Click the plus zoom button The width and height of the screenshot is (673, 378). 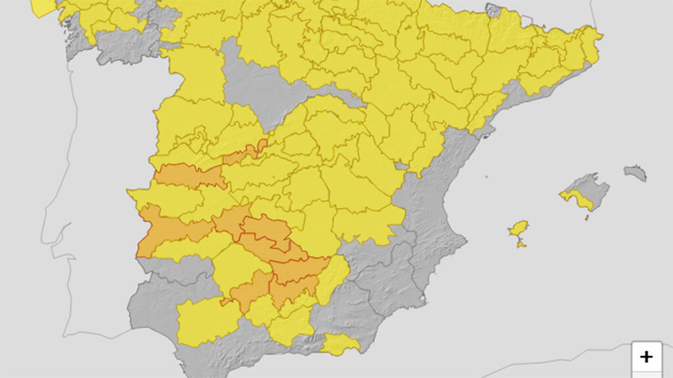647,356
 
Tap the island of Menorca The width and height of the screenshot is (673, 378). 635,173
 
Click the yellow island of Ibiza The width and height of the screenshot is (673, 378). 519,229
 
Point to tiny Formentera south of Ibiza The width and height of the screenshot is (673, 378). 521,245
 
